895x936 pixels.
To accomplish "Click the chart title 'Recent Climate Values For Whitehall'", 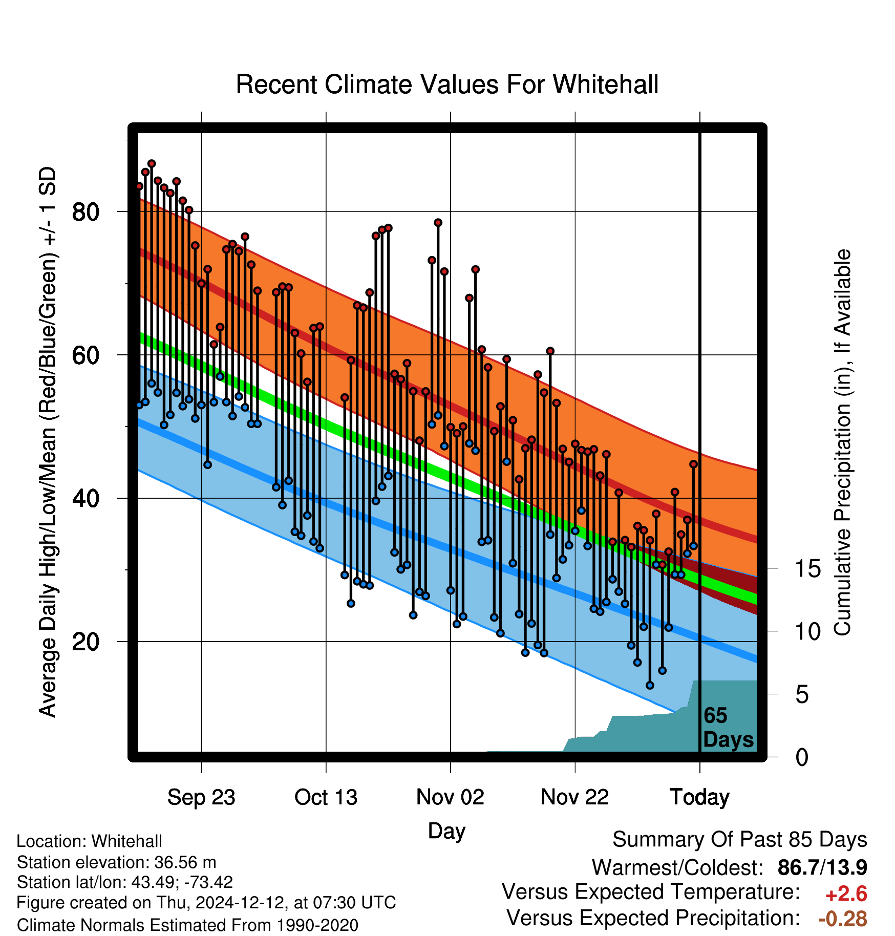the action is coord(447,84).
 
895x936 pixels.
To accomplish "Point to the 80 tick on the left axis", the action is coord(86,211).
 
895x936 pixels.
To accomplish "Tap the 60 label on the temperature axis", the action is coord(86,355).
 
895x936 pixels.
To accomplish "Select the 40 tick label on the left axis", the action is coord(86,498).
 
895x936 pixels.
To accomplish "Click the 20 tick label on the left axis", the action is coord(86,642).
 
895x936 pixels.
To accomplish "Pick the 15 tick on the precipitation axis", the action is coord(807,568).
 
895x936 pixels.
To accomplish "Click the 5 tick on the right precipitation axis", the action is coord(802,695).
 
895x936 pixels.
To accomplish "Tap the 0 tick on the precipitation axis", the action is coord(802,757).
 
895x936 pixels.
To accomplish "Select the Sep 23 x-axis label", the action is coord(201,797).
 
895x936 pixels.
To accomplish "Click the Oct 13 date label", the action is coord(326,797).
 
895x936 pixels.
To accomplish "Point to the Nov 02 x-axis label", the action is coord(450,797).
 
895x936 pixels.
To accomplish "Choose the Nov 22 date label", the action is coord(575,797).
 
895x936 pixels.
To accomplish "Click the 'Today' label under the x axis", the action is coord(699,797).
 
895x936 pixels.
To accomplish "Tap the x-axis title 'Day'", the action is coord(446,831).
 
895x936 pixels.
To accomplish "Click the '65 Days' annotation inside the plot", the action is coord(728,728).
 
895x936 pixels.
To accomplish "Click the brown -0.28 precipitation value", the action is coord(843,919).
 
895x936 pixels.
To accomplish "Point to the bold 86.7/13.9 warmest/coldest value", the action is coord(822,867).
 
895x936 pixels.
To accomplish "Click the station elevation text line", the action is coord(117,863).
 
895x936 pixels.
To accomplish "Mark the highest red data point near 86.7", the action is coord(152,164).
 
